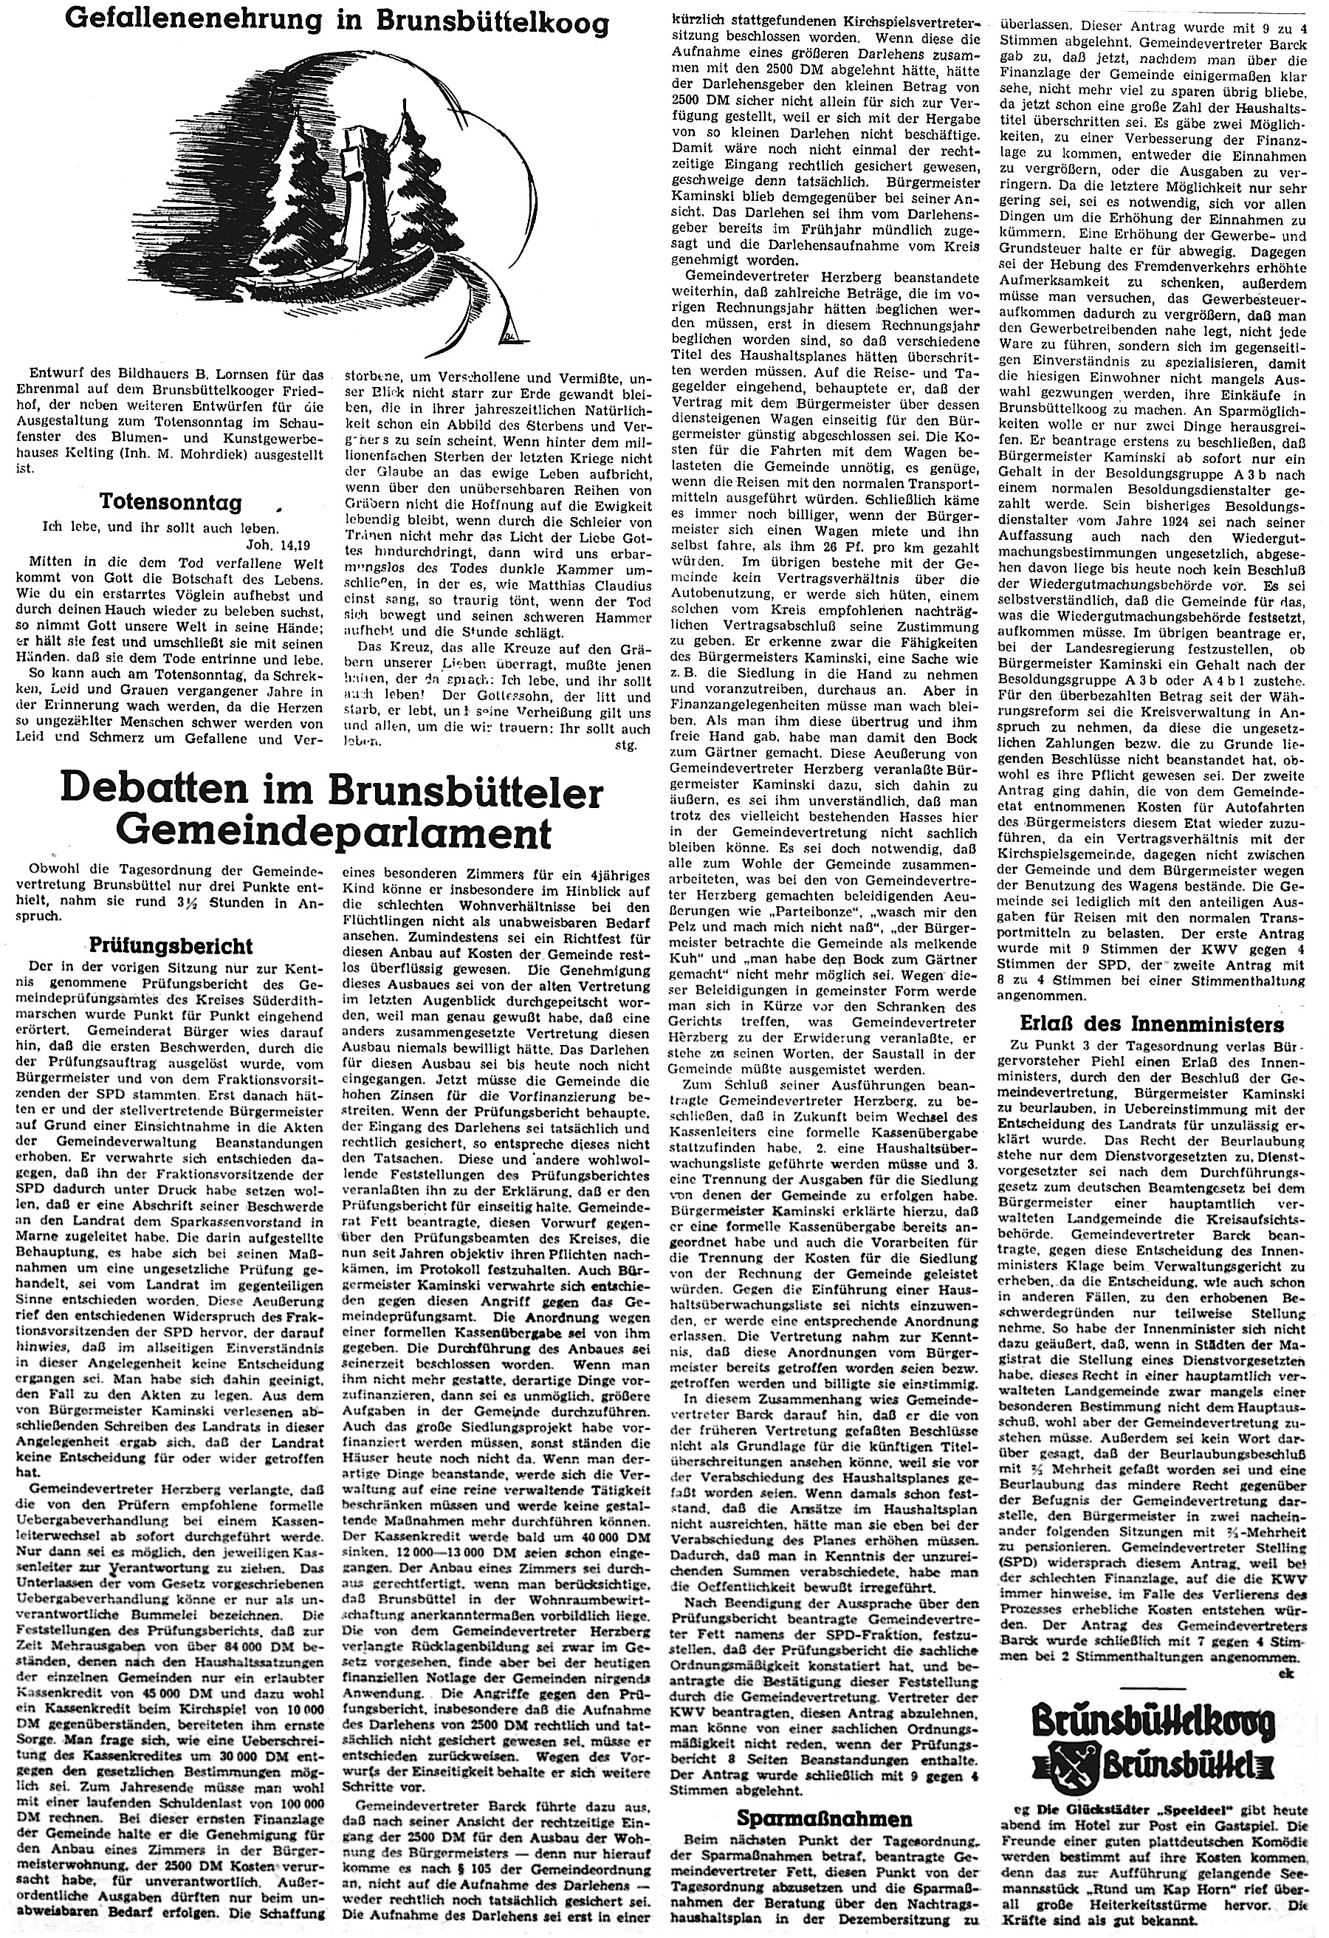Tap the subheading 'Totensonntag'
click(x=171, y=501)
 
